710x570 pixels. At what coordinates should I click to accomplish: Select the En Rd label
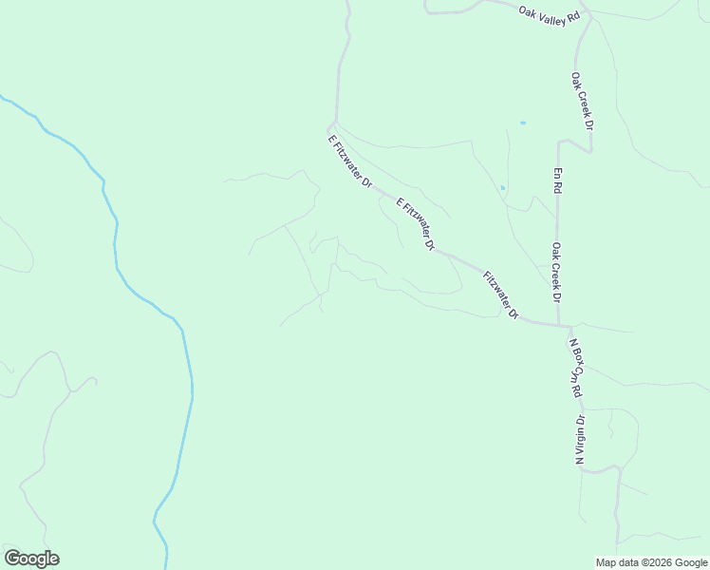click(557, 180)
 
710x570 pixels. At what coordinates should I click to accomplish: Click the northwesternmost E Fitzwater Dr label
click(348, 161)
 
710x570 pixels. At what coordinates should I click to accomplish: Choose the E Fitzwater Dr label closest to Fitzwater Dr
click(415, 224)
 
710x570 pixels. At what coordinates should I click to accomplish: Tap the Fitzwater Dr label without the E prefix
click(500, 295)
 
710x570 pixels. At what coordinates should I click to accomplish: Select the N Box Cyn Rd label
click(574, 367)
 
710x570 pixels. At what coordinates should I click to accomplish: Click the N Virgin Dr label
click(578, 439)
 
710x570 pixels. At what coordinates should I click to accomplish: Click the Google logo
click(31, 559)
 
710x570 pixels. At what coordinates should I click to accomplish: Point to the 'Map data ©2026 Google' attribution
click(650, 562)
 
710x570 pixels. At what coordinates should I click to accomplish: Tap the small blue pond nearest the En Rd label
click(503, 188)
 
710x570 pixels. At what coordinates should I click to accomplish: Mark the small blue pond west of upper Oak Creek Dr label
click(522, 123)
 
